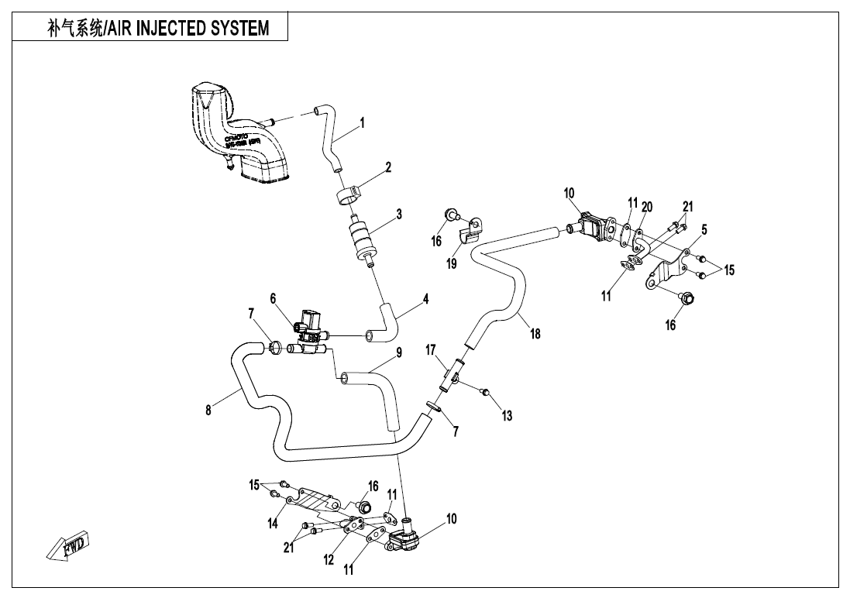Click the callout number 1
pos(362,122)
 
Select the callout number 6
pos(273,297)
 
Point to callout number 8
pos(208,411)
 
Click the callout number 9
pos(399,352)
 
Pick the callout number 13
pos(507,416)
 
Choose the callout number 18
pos(535,334)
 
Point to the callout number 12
pos(329,559)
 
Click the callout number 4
pos(425,298)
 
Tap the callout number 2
pos(388,167)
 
